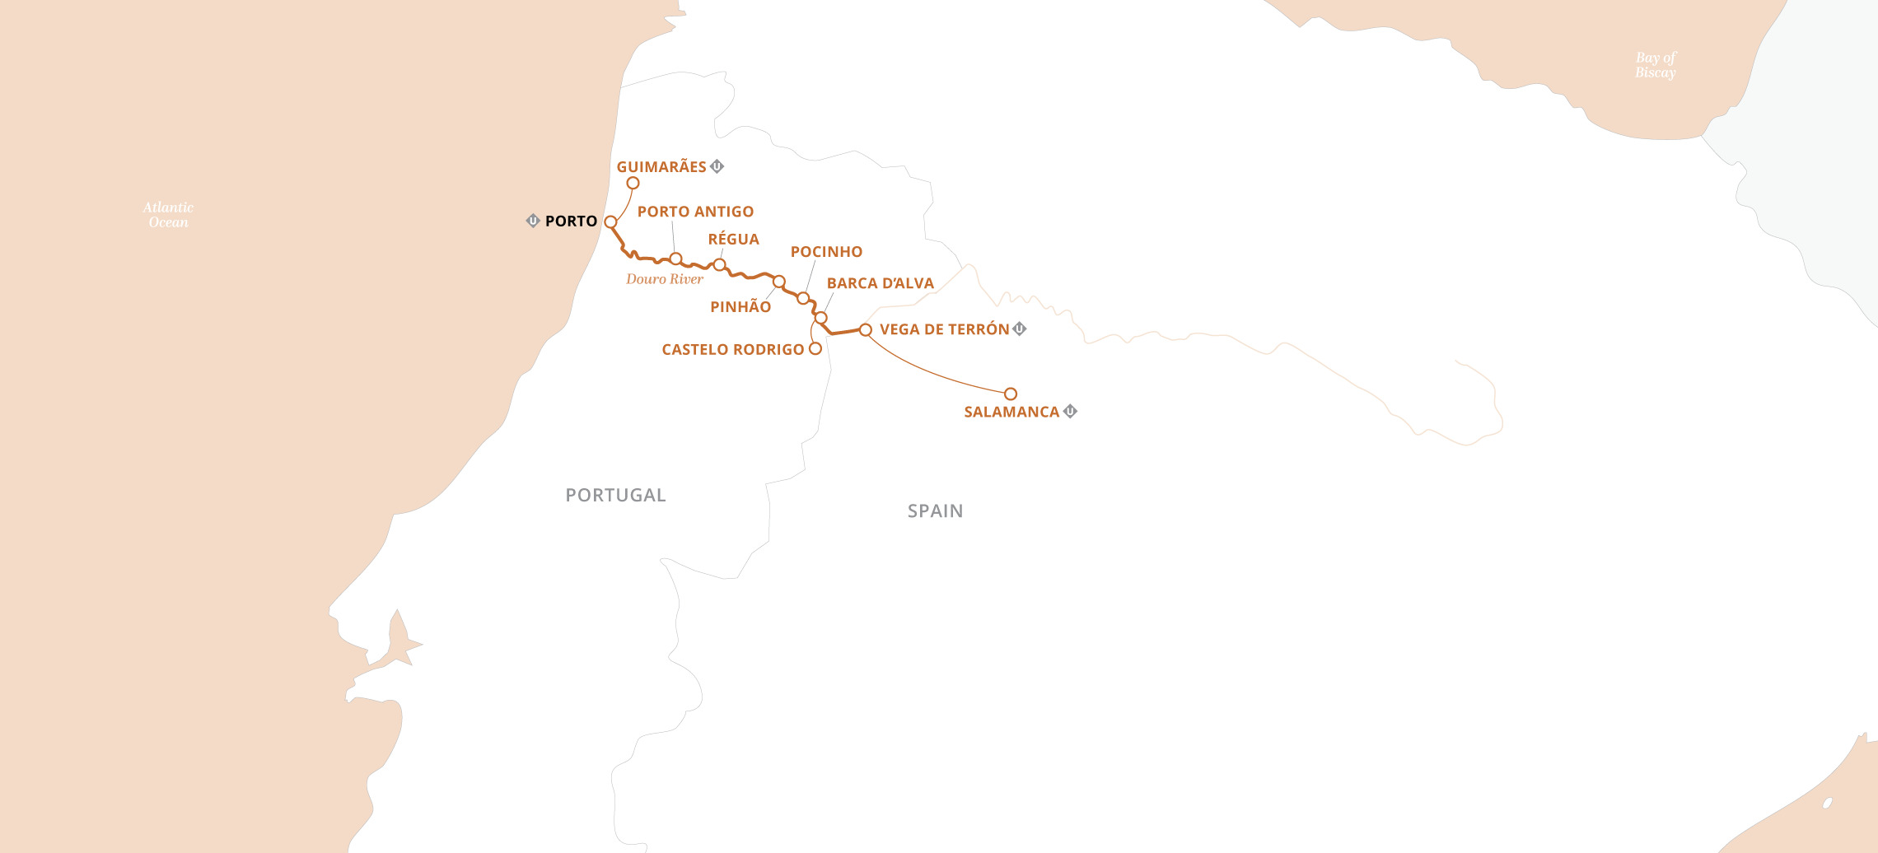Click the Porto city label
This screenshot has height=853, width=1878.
(571, 221)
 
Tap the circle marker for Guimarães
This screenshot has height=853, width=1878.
(633, 183)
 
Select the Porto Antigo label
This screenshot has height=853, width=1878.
(695, 212)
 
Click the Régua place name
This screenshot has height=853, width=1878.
(733, 240)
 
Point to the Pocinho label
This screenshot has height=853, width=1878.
(826, 252)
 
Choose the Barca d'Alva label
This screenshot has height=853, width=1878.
(880, 283)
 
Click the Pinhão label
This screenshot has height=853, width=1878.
(740, 307)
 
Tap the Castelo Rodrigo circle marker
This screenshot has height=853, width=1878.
(815, 348)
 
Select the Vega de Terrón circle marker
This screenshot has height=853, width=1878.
(865, 329)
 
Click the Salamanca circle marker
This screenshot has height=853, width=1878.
(1011, 394)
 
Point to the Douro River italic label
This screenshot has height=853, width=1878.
(665, 279)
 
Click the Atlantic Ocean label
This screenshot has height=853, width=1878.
(168, 215)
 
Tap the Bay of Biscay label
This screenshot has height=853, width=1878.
(1656, 65)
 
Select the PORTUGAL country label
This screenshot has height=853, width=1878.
(615, 495)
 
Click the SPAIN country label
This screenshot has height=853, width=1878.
(935, 510)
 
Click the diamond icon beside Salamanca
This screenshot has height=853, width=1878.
(1070, 411)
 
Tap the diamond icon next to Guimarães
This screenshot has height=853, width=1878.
(717, 166)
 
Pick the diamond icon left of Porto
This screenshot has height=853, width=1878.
(533, 221)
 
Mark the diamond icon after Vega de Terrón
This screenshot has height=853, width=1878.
(1020, 329)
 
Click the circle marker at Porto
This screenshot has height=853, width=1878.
(610, 221)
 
